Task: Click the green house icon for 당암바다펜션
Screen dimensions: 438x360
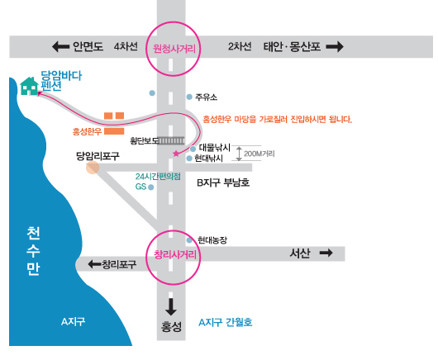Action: click(29, 86)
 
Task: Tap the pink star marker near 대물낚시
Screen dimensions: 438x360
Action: click(176, 154)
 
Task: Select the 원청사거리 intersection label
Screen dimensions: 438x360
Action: click(174, 49)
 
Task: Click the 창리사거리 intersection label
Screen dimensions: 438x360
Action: click(175, 254)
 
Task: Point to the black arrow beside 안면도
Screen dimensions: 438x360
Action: click(60, 46)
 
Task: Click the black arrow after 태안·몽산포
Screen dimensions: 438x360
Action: click(335, 46)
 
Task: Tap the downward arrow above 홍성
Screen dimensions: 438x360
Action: click(171, 307)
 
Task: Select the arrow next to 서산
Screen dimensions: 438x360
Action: click(326, 253)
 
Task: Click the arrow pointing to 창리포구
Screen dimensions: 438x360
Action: click(94, 263)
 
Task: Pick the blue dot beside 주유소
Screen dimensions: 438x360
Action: click(189, 97)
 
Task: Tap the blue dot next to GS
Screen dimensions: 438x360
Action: click(151, 187)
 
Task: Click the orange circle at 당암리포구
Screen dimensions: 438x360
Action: click(93, 168)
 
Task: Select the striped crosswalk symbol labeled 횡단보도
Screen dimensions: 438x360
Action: click(171, 140)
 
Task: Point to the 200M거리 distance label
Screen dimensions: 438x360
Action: click(259, 154)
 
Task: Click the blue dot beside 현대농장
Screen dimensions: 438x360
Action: click(189, 240)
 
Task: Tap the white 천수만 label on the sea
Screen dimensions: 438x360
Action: click(33, 251)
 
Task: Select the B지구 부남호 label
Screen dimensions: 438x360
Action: click(223, 182)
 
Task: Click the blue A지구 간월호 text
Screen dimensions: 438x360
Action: click(225, 322)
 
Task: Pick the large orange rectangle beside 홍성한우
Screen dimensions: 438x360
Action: click(114, 131)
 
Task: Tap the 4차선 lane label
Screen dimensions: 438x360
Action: click(126, 46)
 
